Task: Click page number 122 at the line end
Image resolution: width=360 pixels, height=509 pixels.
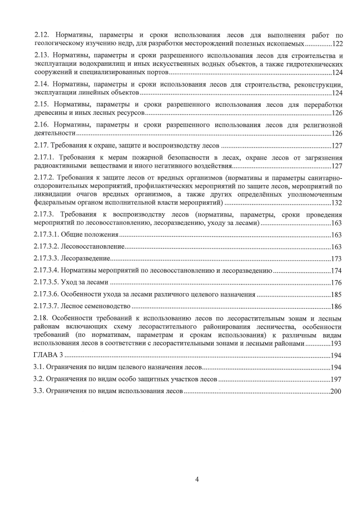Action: click(337, 43)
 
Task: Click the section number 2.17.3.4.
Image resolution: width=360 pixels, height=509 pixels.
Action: click(49, 271)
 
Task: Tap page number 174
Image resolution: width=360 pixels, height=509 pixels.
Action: click(337, 271)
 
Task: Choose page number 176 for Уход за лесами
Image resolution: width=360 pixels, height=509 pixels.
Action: click(337, 282)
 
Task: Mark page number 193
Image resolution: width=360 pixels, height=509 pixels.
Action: click(337, 343)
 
